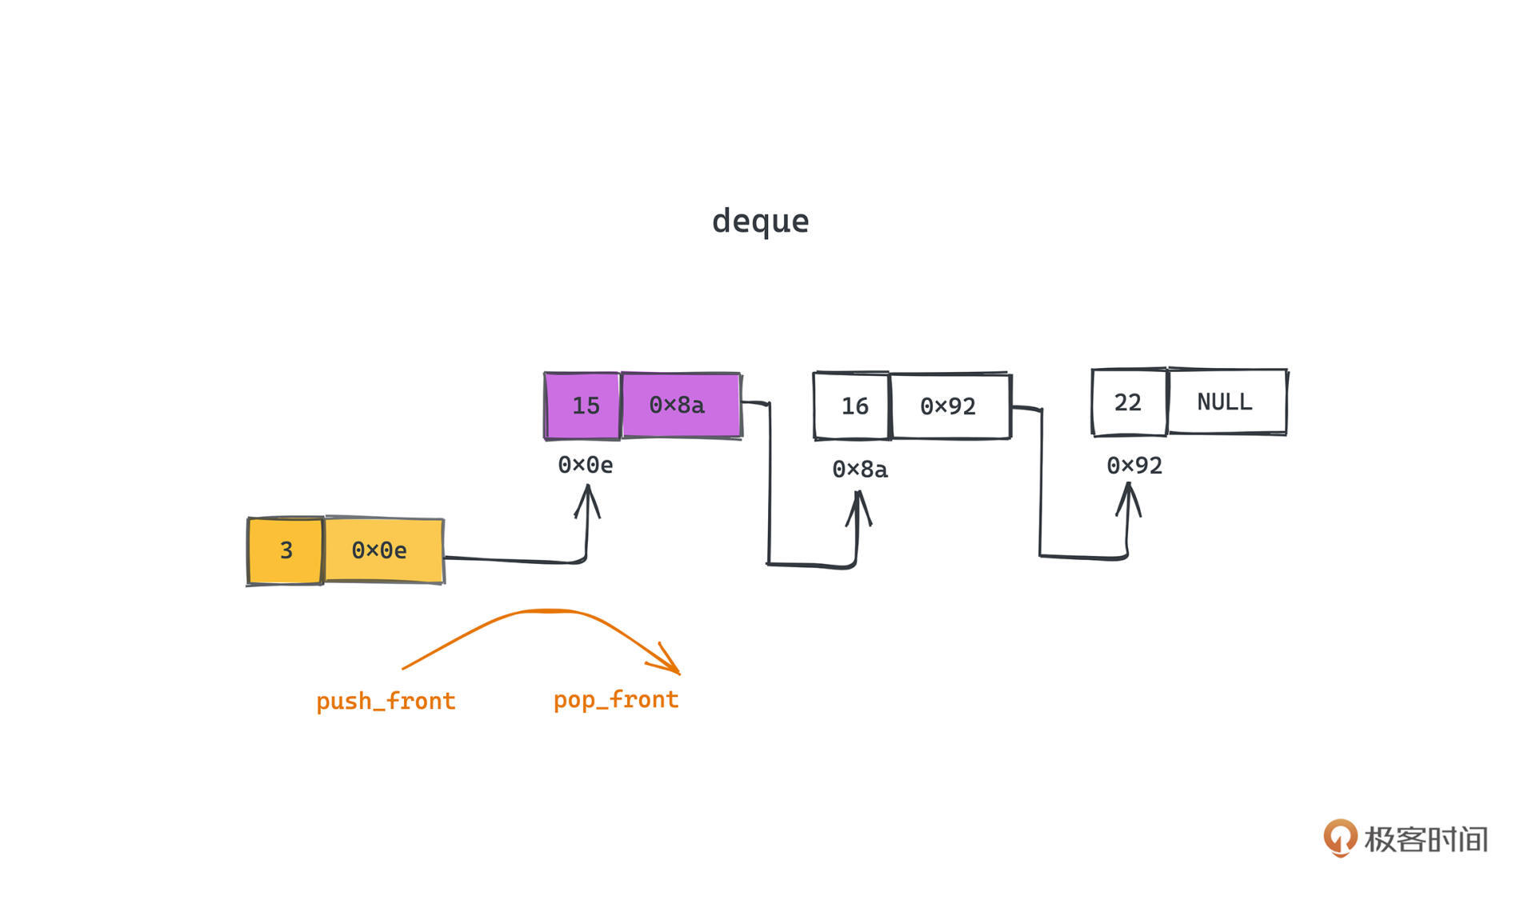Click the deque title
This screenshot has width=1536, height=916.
(760, 221)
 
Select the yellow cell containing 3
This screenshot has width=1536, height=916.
(286, 550)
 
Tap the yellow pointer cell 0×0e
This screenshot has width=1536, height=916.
(383, 550)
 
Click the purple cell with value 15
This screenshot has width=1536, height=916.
(583, 406)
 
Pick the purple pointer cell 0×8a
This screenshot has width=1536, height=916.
(681, 406)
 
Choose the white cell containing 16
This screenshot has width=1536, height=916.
(852, 406)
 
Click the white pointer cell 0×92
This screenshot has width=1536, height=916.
(950, 406)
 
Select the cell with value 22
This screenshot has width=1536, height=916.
(1129, 402)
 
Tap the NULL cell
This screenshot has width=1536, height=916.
(1226, 402)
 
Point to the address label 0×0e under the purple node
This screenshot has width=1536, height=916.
(586, 465)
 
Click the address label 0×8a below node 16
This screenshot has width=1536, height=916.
(860, 469)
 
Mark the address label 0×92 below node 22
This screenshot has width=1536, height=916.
(1134, 466)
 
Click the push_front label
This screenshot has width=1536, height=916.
(386, 702)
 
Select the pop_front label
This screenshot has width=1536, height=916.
(616, 700)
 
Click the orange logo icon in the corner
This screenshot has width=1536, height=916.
(1340, 838)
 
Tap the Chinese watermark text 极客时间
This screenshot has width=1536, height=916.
(1426, 839)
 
